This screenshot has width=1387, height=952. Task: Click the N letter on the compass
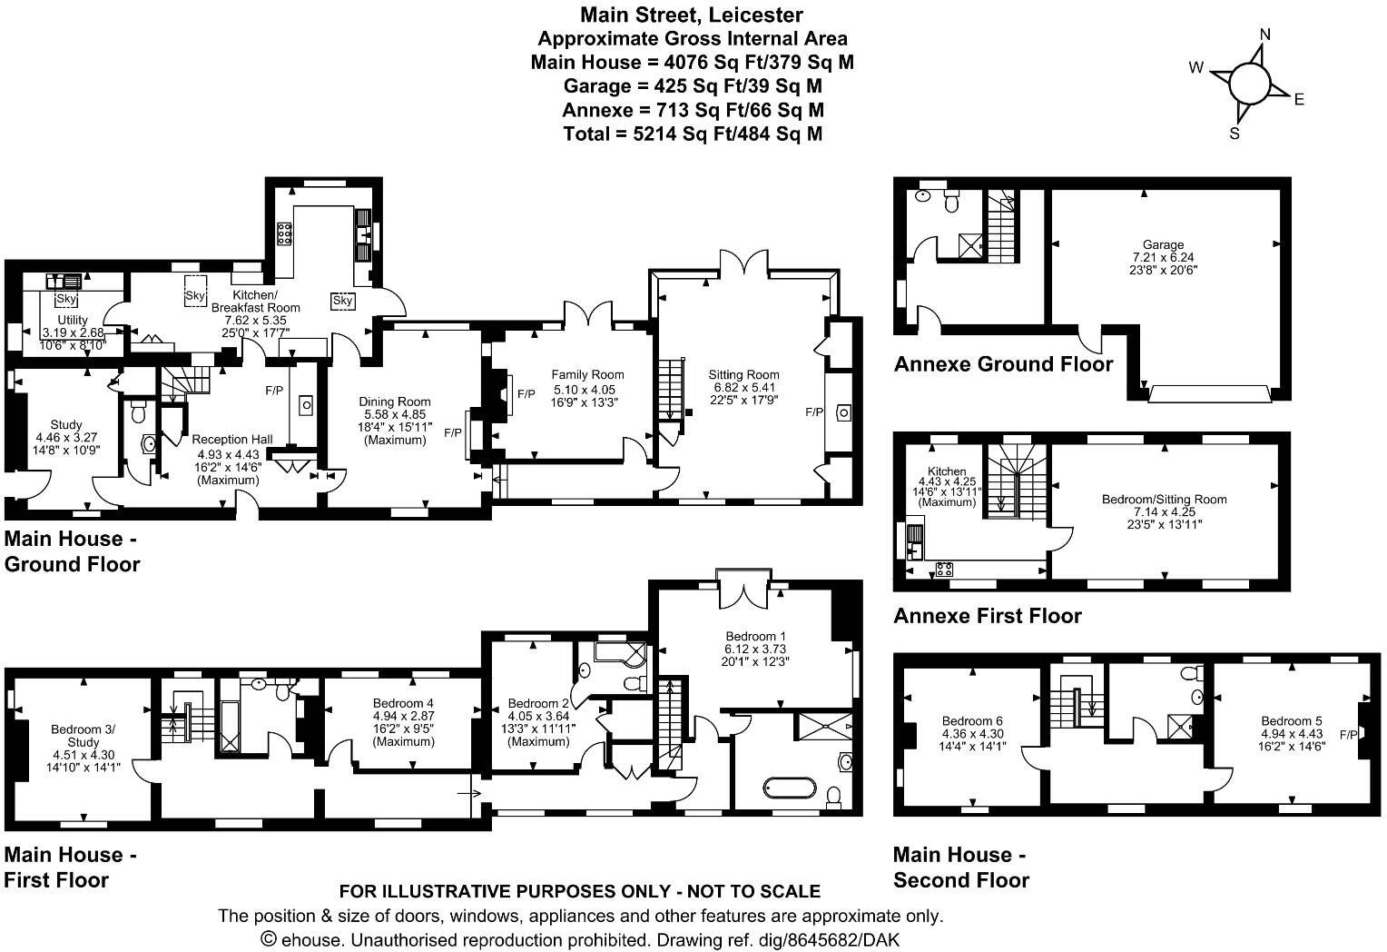click(x=1265, y=35)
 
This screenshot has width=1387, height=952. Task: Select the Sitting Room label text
click(x=744, y=374)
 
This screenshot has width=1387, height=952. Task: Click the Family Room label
click(x=587, y=374)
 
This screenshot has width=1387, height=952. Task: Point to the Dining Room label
click(x=394, y=402)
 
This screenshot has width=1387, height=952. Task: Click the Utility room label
click(x=73, y=320)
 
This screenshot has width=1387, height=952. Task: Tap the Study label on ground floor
click(x=66, y=424)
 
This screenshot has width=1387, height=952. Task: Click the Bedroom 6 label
click(x=972, y=721)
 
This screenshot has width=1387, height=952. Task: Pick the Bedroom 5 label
click(x=1292, y=721)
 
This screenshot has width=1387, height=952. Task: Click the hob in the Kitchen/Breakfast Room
click(x=283, y=234)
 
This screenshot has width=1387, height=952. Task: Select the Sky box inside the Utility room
click(x=66, y=299)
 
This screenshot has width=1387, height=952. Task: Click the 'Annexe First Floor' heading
click(x=988, y=616)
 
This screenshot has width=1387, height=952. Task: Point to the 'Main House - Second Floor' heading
click(x=961, y=867)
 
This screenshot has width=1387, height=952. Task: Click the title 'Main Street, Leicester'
click(x=692, y=15)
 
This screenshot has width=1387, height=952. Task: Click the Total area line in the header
click(x=692, y=134)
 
